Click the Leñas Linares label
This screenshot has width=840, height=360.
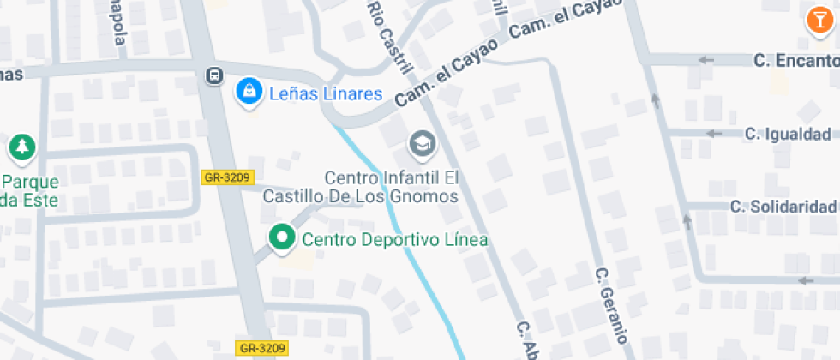click(x=325, y=93)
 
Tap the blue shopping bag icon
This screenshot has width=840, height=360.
click(x=249, y=93)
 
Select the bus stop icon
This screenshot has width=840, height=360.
click(x=213, y=75)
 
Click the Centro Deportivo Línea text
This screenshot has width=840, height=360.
click(x=395, y=240)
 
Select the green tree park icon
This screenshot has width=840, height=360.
click(x=21, y=147)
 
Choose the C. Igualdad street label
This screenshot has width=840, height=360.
click(x=787, y=134)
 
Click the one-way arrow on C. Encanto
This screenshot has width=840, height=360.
click(x=706, y=60)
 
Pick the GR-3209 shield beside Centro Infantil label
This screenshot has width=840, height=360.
click(x=226, y=177)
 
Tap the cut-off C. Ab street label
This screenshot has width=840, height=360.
click(x=525, y=339)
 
